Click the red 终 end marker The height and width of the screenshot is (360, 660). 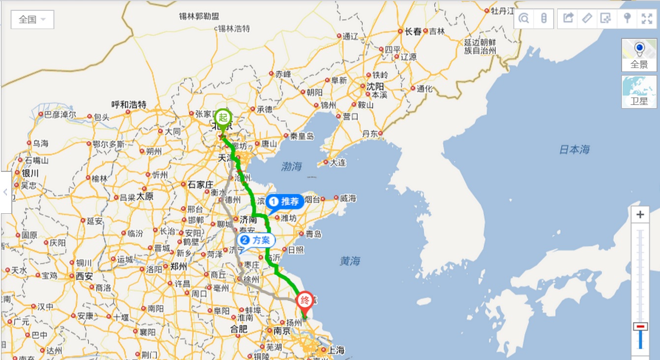(x=305, y=301)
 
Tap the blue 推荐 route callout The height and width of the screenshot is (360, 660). (x=285, y=201)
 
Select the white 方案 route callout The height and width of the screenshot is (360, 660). (x=256, y=240)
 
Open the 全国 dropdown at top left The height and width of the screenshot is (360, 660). (x=32, y=20)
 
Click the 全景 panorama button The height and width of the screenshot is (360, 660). (x=639, y=55)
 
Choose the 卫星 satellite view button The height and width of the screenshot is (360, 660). (x=639, y=92)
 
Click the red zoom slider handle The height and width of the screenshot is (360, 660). (x=640, y=327)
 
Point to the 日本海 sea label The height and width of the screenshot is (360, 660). (x=574, y=150)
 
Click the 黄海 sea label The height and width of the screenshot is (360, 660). (x=350, y=261)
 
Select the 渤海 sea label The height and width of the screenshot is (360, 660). (x=291, y=166)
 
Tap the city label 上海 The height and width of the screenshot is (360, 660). (x=336, y=351)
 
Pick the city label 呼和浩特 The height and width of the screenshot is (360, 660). (x=129, y=104)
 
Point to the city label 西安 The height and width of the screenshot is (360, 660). (x=84, y=276)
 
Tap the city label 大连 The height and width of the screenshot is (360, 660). (x=338, y=162)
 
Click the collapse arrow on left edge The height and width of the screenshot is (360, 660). (x=5, y=192)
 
